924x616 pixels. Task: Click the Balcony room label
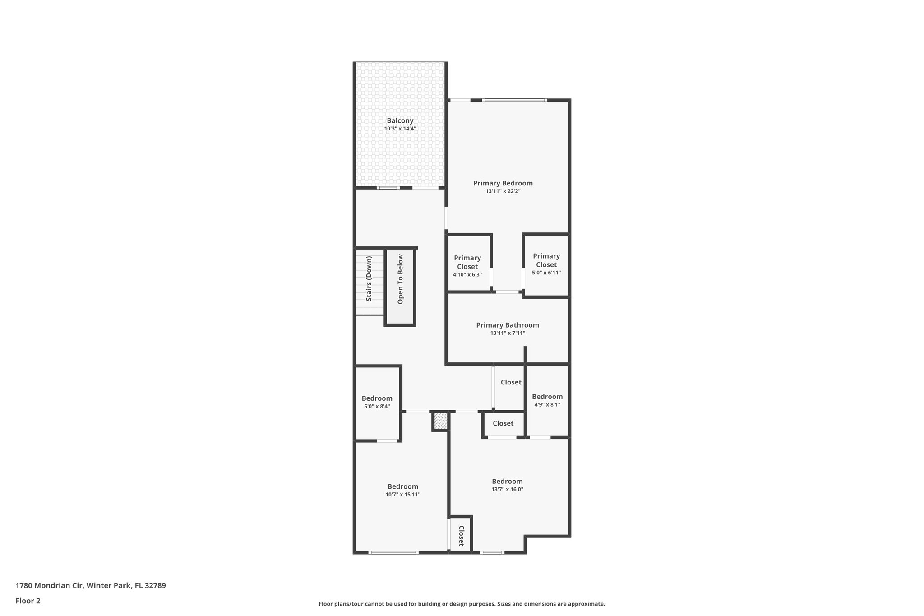click(400, 120)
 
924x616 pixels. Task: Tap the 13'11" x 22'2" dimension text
click(503, 191)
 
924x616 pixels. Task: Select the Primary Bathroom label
click(507, 325)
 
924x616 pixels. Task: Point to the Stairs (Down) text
click(369, 278)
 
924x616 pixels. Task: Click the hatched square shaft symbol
click(440, 421)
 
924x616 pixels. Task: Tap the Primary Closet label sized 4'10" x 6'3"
click(467, 262)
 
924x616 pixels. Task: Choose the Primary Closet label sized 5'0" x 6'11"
click(546, 260)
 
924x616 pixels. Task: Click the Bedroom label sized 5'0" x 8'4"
click(377, 398)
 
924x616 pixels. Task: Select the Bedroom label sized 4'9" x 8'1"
click(547, 397)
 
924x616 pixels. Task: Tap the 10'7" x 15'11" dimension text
click(402, 495)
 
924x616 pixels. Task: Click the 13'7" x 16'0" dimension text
click(507, 490)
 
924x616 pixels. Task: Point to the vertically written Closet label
click(461, 536)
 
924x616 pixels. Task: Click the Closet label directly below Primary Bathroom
click(511, 382)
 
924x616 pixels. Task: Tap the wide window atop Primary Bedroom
click(514, 100)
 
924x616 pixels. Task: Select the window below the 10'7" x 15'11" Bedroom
click(393, 552)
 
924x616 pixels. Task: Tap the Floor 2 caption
click(28, 601)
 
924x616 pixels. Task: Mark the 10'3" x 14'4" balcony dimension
click(400, 129)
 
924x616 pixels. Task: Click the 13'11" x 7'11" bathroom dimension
click(508, 333)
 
